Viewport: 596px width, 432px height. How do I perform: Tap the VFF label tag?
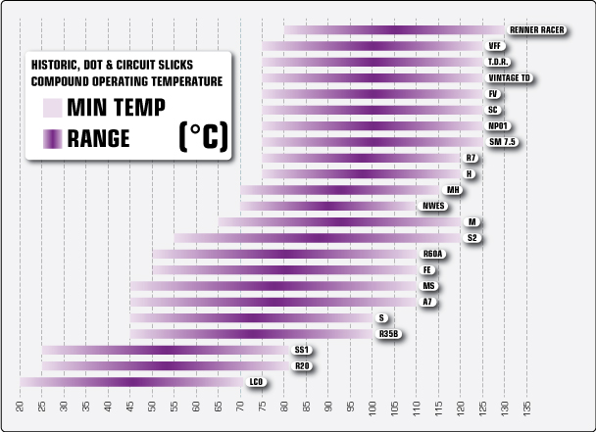tap(495, 46)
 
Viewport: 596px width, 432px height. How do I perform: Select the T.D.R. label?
tap(497, 62)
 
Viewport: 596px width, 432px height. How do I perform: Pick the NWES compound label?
tap(433, 206)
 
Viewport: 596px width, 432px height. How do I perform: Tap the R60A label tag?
tap(433, 254)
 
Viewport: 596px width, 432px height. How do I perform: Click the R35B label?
tap(389, 334)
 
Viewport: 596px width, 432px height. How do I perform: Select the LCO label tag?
tap(257, 382)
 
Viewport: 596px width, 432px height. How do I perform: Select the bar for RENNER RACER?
tap(393, 30)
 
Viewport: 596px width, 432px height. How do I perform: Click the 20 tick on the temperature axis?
tap(21, 406)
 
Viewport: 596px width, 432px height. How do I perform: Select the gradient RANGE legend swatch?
tap(52, 138)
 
